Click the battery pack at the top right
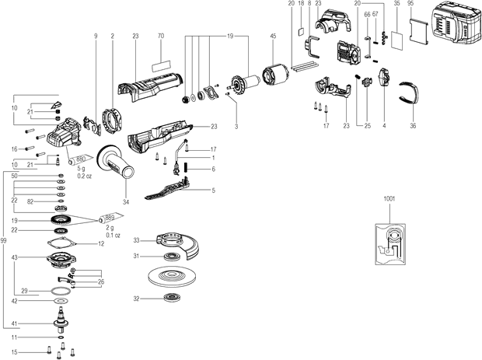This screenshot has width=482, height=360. (456, 21)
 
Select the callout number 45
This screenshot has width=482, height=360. (274, 37)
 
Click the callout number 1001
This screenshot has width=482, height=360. (389, 198)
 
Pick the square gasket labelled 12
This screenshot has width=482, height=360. (61, 243)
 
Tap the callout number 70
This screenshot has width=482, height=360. (161, 36)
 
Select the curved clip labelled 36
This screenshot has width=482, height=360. (409, 93)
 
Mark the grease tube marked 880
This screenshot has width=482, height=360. (81, 160)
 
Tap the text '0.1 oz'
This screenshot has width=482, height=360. (114, 235)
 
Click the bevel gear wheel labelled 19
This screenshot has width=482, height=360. (61, 221)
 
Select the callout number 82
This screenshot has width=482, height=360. (30, 201)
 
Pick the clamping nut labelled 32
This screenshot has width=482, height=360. (170, 298)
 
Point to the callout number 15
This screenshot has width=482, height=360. (15, 352)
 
